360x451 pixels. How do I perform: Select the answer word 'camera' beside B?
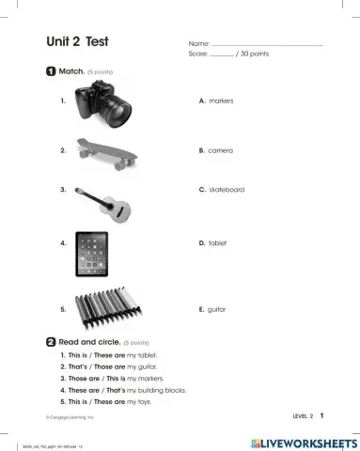tap(221, 149)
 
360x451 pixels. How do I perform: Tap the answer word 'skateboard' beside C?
tap(227, 190)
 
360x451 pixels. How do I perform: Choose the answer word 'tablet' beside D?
tap(217, 242)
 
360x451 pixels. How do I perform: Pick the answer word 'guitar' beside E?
tap(217, 308)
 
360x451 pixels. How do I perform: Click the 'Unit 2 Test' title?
tap(78, 41)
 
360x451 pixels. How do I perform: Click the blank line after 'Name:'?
tap(267, 45)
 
